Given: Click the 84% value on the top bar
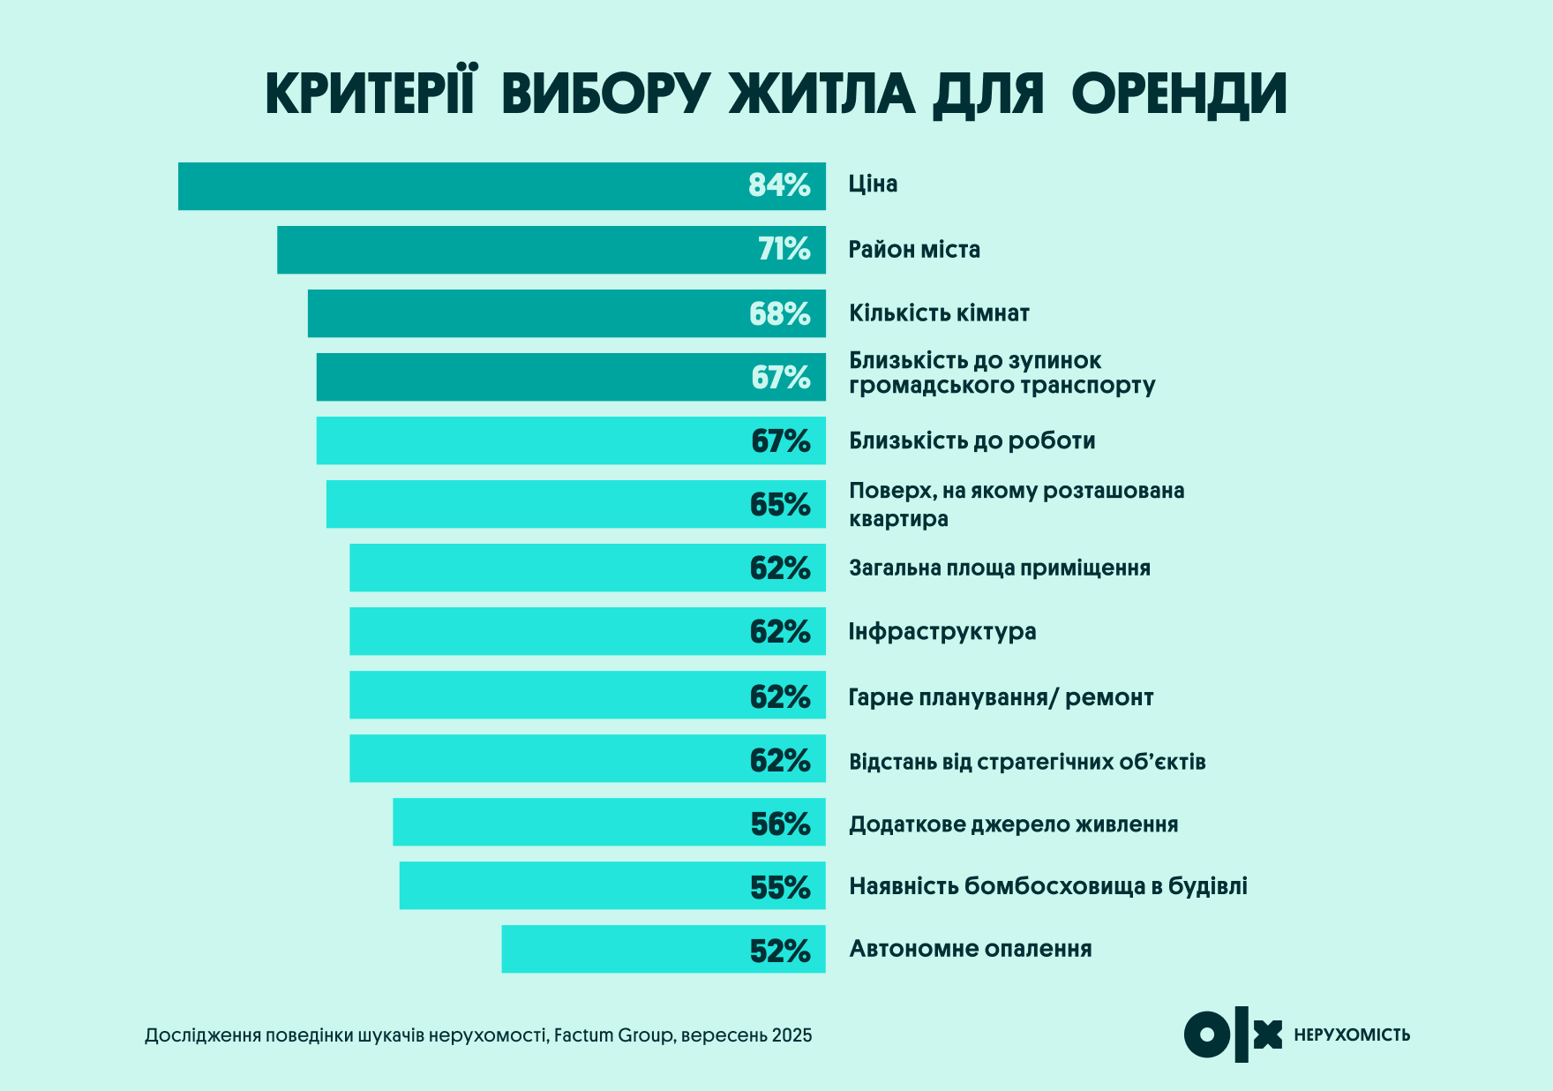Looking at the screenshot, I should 778,185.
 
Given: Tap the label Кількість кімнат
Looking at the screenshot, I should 939,313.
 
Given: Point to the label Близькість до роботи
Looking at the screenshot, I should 972,440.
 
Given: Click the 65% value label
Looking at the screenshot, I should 779,505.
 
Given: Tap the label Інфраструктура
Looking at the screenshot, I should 942,632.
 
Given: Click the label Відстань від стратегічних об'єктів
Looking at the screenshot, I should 1026,762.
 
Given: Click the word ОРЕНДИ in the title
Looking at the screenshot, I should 1179,94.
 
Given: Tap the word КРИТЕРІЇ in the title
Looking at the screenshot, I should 371,92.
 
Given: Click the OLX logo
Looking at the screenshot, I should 1233,1035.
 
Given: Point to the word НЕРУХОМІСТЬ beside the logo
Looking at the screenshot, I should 1351,1035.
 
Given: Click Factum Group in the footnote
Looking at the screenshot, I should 613,1035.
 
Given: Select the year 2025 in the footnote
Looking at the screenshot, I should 792,1035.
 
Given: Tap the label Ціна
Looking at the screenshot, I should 873,184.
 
